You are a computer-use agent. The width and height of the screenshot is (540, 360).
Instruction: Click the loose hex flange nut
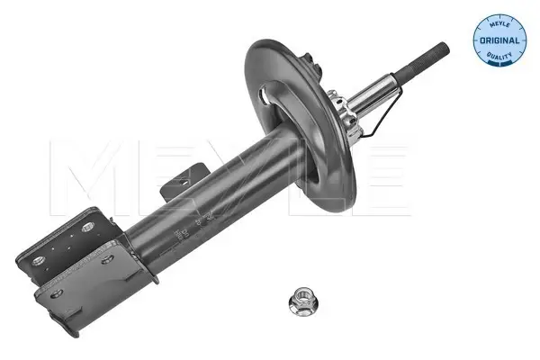click(x=303, y=301)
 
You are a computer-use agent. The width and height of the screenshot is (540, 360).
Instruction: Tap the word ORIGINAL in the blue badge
click(x=499, y=40)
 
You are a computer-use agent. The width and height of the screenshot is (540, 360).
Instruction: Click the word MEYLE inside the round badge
click(x=499, y=23)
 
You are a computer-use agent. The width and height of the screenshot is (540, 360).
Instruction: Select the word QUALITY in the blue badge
click(x=499, y=56)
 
